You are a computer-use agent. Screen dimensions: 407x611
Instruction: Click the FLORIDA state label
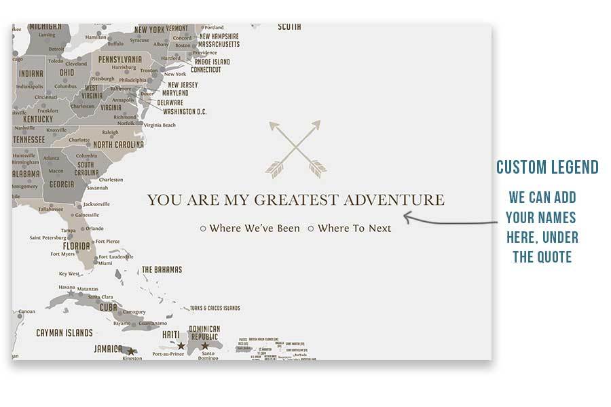point(77,246)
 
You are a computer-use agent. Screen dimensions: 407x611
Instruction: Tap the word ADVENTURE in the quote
point(394,200)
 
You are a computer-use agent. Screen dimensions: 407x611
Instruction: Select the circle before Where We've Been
point(203,229)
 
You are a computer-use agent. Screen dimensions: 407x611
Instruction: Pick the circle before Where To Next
point(311,229)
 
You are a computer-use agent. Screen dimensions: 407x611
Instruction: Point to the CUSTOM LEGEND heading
point(547,168)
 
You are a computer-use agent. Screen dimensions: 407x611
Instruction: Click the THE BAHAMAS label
point(161,270)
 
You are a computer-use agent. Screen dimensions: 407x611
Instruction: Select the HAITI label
point(171,335)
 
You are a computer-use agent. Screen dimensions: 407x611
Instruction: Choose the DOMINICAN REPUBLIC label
point(204,333)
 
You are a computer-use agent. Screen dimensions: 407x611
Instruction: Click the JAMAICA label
point(109,349)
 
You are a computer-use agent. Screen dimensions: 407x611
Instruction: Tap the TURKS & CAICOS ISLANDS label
point(215,308)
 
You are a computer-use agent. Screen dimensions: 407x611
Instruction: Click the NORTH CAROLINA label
point(118,144)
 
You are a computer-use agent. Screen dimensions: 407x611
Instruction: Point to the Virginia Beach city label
point(160,125)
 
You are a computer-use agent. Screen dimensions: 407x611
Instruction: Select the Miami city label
point(105,264)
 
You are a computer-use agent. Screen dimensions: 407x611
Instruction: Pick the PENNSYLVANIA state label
point(119,59)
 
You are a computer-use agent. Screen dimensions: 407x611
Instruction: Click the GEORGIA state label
point(62,185)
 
